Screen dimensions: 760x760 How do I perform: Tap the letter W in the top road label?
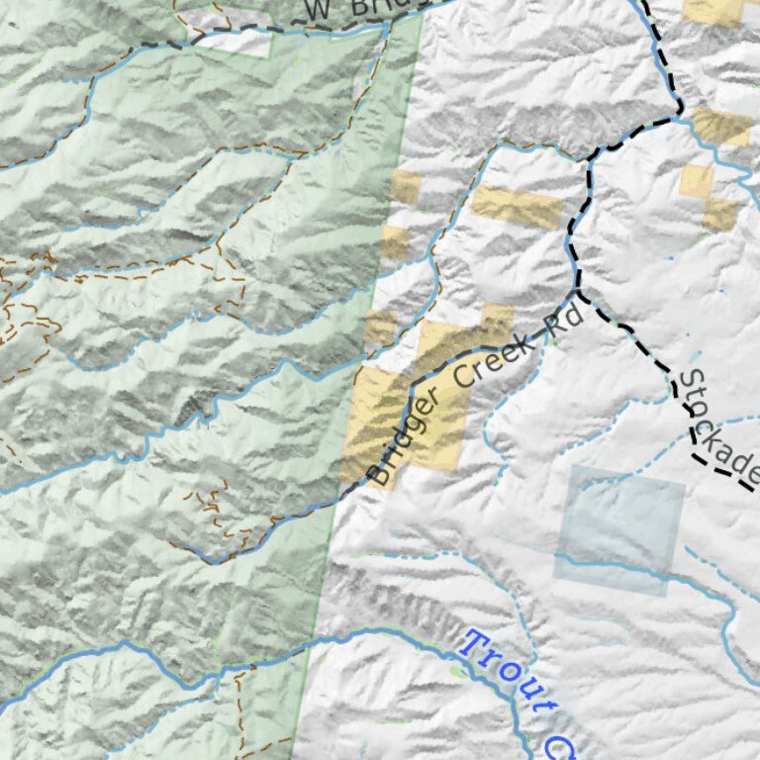pos(317,10)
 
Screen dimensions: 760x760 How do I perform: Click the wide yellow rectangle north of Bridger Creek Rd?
pos(518,207)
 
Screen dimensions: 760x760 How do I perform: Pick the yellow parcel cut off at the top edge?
pos(714,10)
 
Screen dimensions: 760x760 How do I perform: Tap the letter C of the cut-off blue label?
pos(563,744)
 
